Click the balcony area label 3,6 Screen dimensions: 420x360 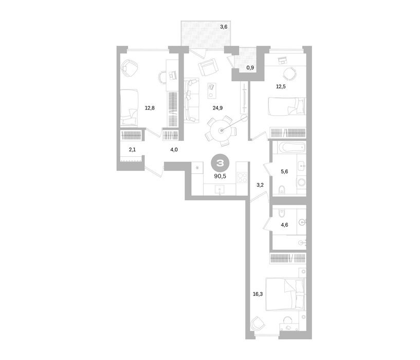point(224,27)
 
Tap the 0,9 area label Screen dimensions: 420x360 point(250,68)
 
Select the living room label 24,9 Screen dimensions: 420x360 point(217,108)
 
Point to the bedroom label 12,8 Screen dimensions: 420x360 point(150,108)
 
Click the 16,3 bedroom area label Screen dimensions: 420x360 point(258,294)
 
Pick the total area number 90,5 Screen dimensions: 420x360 point(220,176)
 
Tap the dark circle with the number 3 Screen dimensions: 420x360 point(220,163)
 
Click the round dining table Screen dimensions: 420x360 point(221,131)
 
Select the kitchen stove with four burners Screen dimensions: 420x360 point(242,177)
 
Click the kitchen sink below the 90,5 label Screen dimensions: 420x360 point(220,190)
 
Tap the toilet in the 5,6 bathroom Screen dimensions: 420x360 point(282,190)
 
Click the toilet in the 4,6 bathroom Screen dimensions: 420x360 point(282,213)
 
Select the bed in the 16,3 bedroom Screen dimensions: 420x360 point(285,294)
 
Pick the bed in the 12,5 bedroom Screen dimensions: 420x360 point(287,106)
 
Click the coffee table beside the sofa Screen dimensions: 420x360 point(212,91)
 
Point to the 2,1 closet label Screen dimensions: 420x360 point(132,150)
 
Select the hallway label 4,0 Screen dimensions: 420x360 point(174,150)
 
